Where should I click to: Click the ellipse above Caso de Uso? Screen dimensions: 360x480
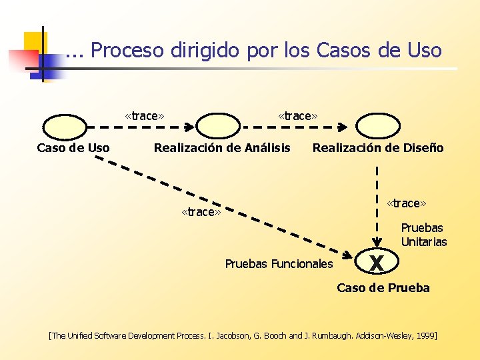coord(65,125)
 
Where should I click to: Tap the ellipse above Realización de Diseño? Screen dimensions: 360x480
coord(378,125)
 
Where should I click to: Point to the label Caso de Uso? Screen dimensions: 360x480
coord(73,148)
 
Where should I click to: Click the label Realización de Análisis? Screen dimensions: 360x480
coord(222,148)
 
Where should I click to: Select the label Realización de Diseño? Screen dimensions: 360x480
coord(378,148)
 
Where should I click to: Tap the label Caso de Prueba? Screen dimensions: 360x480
coord(383,288)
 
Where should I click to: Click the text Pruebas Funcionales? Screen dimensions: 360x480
coord(279,264)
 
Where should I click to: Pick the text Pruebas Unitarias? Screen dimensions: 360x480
coord(424,235)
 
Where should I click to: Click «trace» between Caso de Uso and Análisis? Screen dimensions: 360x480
coord(145,116)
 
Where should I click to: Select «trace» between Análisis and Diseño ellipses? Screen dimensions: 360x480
coord(298,116)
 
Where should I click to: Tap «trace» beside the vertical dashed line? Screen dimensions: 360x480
coord(407,203)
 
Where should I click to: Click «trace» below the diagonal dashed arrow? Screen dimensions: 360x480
coord(201,212)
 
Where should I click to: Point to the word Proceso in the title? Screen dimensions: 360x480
coord(128,50)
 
